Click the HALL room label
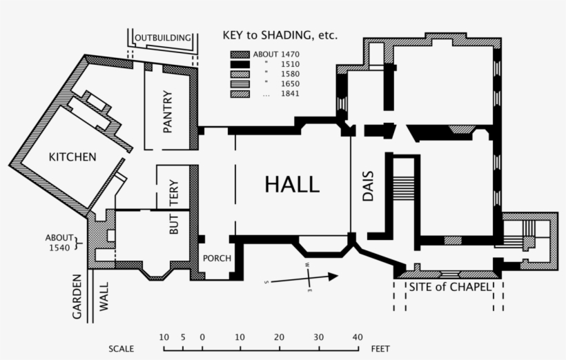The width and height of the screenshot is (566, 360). point(292,184)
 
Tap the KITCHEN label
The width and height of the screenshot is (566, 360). point(72,157)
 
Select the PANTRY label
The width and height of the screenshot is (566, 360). point(167,112)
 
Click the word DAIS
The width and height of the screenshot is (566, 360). point(367,186)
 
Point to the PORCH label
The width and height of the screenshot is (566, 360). point(215,259)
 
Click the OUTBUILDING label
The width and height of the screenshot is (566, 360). point(162,37)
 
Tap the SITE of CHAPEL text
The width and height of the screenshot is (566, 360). point(449,287)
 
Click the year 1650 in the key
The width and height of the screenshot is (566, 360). point(291,83)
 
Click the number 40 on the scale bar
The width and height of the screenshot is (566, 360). point(358,337)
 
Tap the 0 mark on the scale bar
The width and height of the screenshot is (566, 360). point(202,337)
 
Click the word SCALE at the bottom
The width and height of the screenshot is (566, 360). point(121,349)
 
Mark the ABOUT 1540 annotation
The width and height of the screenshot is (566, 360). point(60,242)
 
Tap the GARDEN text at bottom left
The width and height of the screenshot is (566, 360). point(77,297)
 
